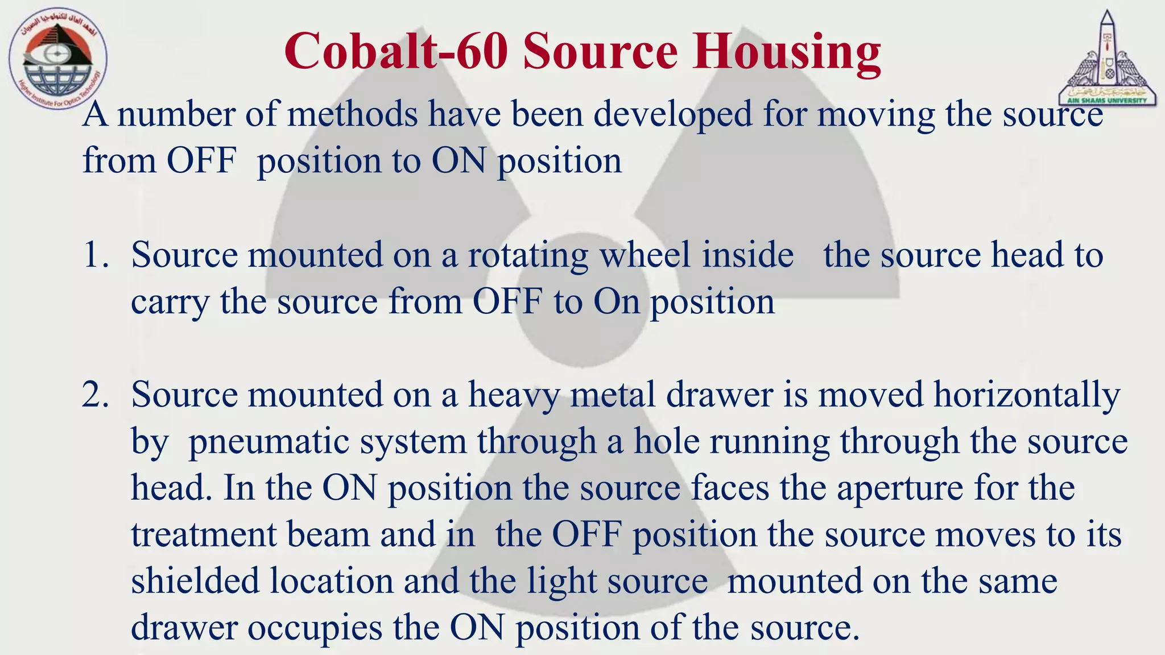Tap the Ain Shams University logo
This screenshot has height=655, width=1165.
point(1108,59)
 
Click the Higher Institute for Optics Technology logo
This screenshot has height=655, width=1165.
point(57,59)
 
